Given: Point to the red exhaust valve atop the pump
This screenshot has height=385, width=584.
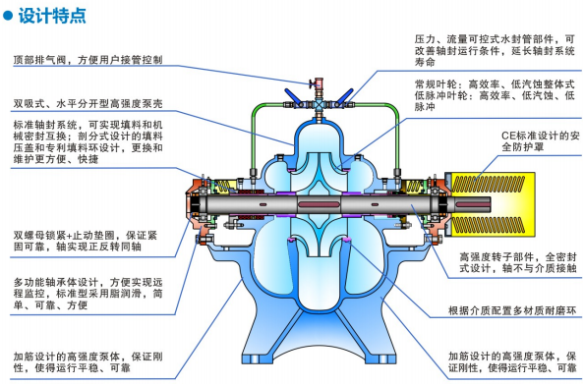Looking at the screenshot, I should [x=307, y=83].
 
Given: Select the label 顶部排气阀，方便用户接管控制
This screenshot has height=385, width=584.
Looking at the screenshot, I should [x=88, y=60].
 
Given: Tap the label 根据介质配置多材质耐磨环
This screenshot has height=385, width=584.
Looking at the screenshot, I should [x=502, y=311].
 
